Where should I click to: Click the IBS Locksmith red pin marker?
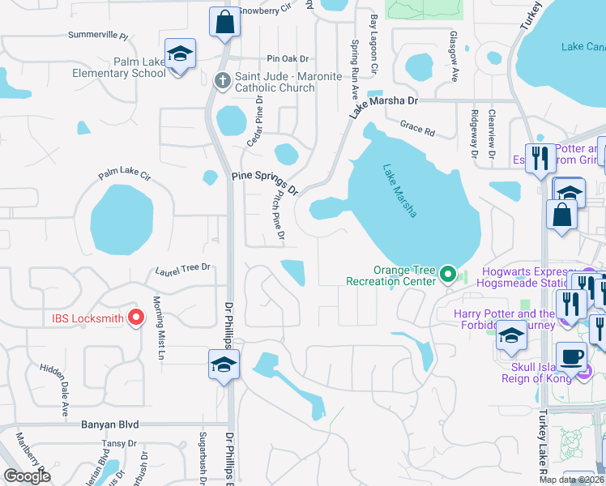[136, 318]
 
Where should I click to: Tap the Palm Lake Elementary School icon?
[180, 55]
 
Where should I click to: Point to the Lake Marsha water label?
[400, 191]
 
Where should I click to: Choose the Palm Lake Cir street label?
[125, 174]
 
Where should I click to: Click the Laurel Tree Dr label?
[183, 267]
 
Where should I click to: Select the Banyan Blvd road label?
[110, 424]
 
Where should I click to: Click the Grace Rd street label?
[417, 128]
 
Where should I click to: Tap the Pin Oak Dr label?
[288, 59]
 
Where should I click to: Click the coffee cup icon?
[572, 356]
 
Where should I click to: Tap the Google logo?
[28, 476]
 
